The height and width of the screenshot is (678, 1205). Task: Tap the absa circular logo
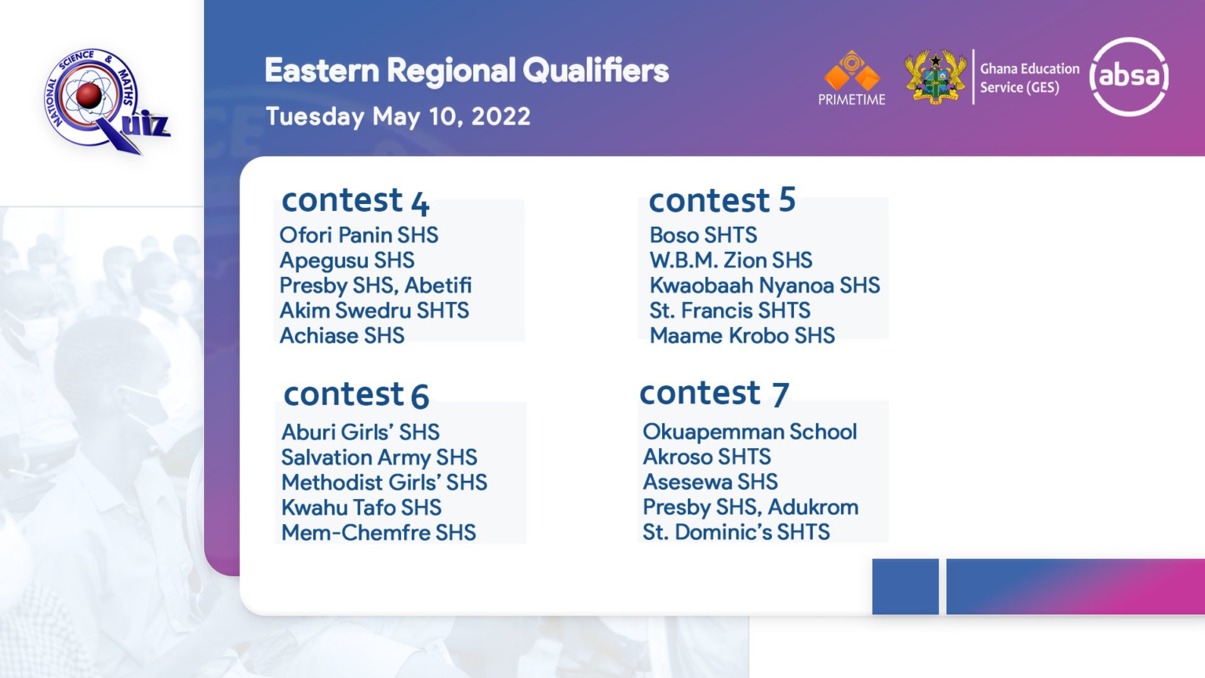pos(1129,76)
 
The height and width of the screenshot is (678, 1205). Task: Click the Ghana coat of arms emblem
pos(935,76)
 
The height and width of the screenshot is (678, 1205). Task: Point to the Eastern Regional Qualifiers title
pos(467,71)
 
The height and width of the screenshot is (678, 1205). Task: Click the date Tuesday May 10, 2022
pos(398,117)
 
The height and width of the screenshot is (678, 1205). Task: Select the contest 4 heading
pos(355,201)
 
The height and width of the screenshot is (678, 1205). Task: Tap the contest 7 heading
pos(715,393)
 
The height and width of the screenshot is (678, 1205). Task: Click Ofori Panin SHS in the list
pos(359,235)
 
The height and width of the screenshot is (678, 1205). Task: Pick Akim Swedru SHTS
pos(374,311)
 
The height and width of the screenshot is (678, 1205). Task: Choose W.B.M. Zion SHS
pos(730,261)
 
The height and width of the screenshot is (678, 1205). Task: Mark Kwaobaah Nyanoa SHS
pos(764,286)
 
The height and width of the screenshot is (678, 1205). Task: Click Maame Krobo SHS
pos(742,336)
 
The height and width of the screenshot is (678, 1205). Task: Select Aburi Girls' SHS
pos(360,432)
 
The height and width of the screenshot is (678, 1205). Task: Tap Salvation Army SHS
pos(379,457)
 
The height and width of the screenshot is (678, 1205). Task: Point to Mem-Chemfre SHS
pos(379,533)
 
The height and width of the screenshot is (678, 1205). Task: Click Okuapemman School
pos(750,432)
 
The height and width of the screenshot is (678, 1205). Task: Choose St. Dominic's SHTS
pos(737,532)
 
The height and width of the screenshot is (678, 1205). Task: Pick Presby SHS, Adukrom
pos(751,508)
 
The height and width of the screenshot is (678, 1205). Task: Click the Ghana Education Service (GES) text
pos(1029,78)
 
